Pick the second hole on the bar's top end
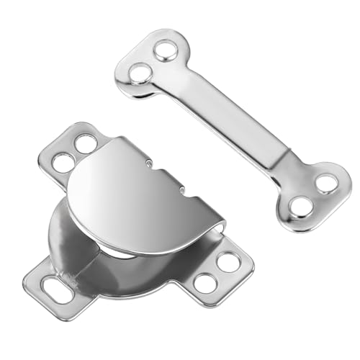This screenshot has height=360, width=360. pyautogui.click(x=141, y=72)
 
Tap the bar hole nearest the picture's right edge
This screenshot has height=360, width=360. pyautogui.click(x=325, y=183)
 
